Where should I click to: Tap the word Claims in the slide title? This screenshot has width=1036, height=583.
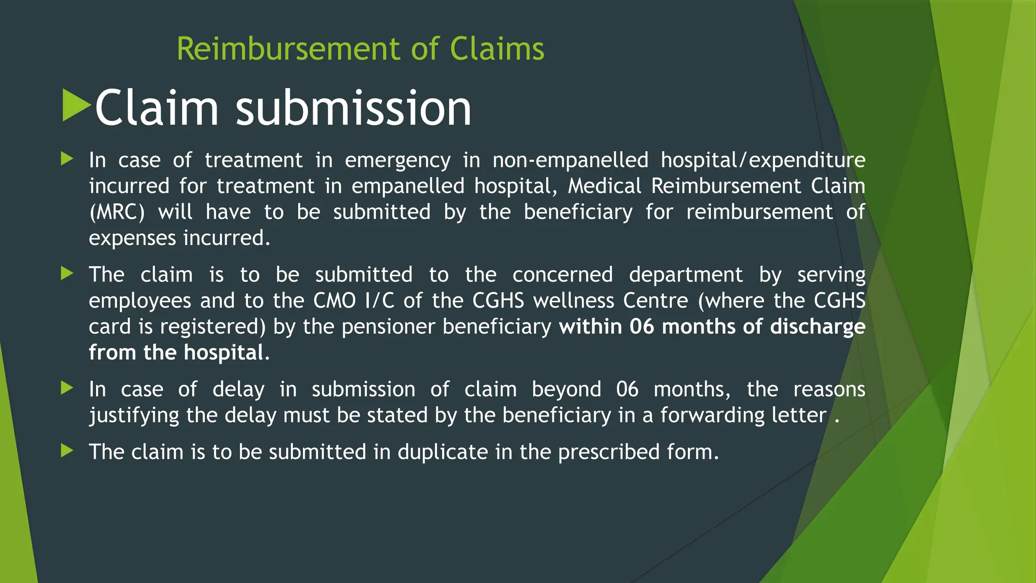[497, 49]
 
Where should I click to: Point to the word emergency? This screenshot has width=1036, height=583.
[398, 160]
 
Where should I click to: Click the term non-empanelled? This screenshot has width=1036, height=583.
[570, 160]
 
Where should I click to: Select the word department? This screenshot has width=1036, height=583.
[685, 275]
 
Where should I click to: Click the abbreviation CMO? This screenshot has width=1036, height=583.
[334, 301]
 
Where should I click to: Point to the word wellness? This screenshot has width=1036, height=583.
[573, 301]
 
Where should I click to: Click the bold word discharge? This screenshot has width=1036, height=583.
[817, 327]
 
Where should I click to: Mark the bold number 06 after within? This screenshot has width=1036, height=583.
[641, 327]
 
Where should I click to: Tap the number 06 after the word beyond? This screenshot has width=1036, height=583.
[627, 390]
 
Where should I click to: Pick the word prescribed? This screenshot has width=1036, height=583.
[609, 452]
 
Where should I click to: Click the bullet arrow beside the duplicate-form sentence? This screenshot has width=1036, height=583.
[67, 450]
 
